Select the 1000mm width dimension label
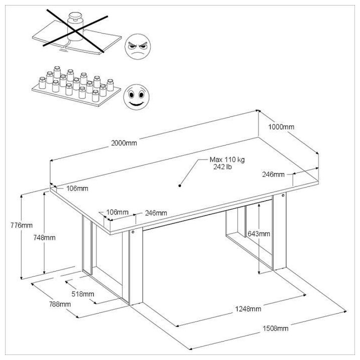click(282, 127)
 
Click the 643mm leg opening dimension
click(259, 233)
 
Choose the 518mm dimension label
click(82, 293)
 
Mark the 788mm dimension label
click(58, 303)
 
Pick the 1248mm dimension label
click(249, 308)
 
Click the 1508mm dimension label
click(275, 328)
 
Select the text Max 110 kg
click(227, 159)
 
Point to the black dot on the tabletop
click(179, 185)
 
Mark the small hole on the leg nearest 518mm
click(133, 232)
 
